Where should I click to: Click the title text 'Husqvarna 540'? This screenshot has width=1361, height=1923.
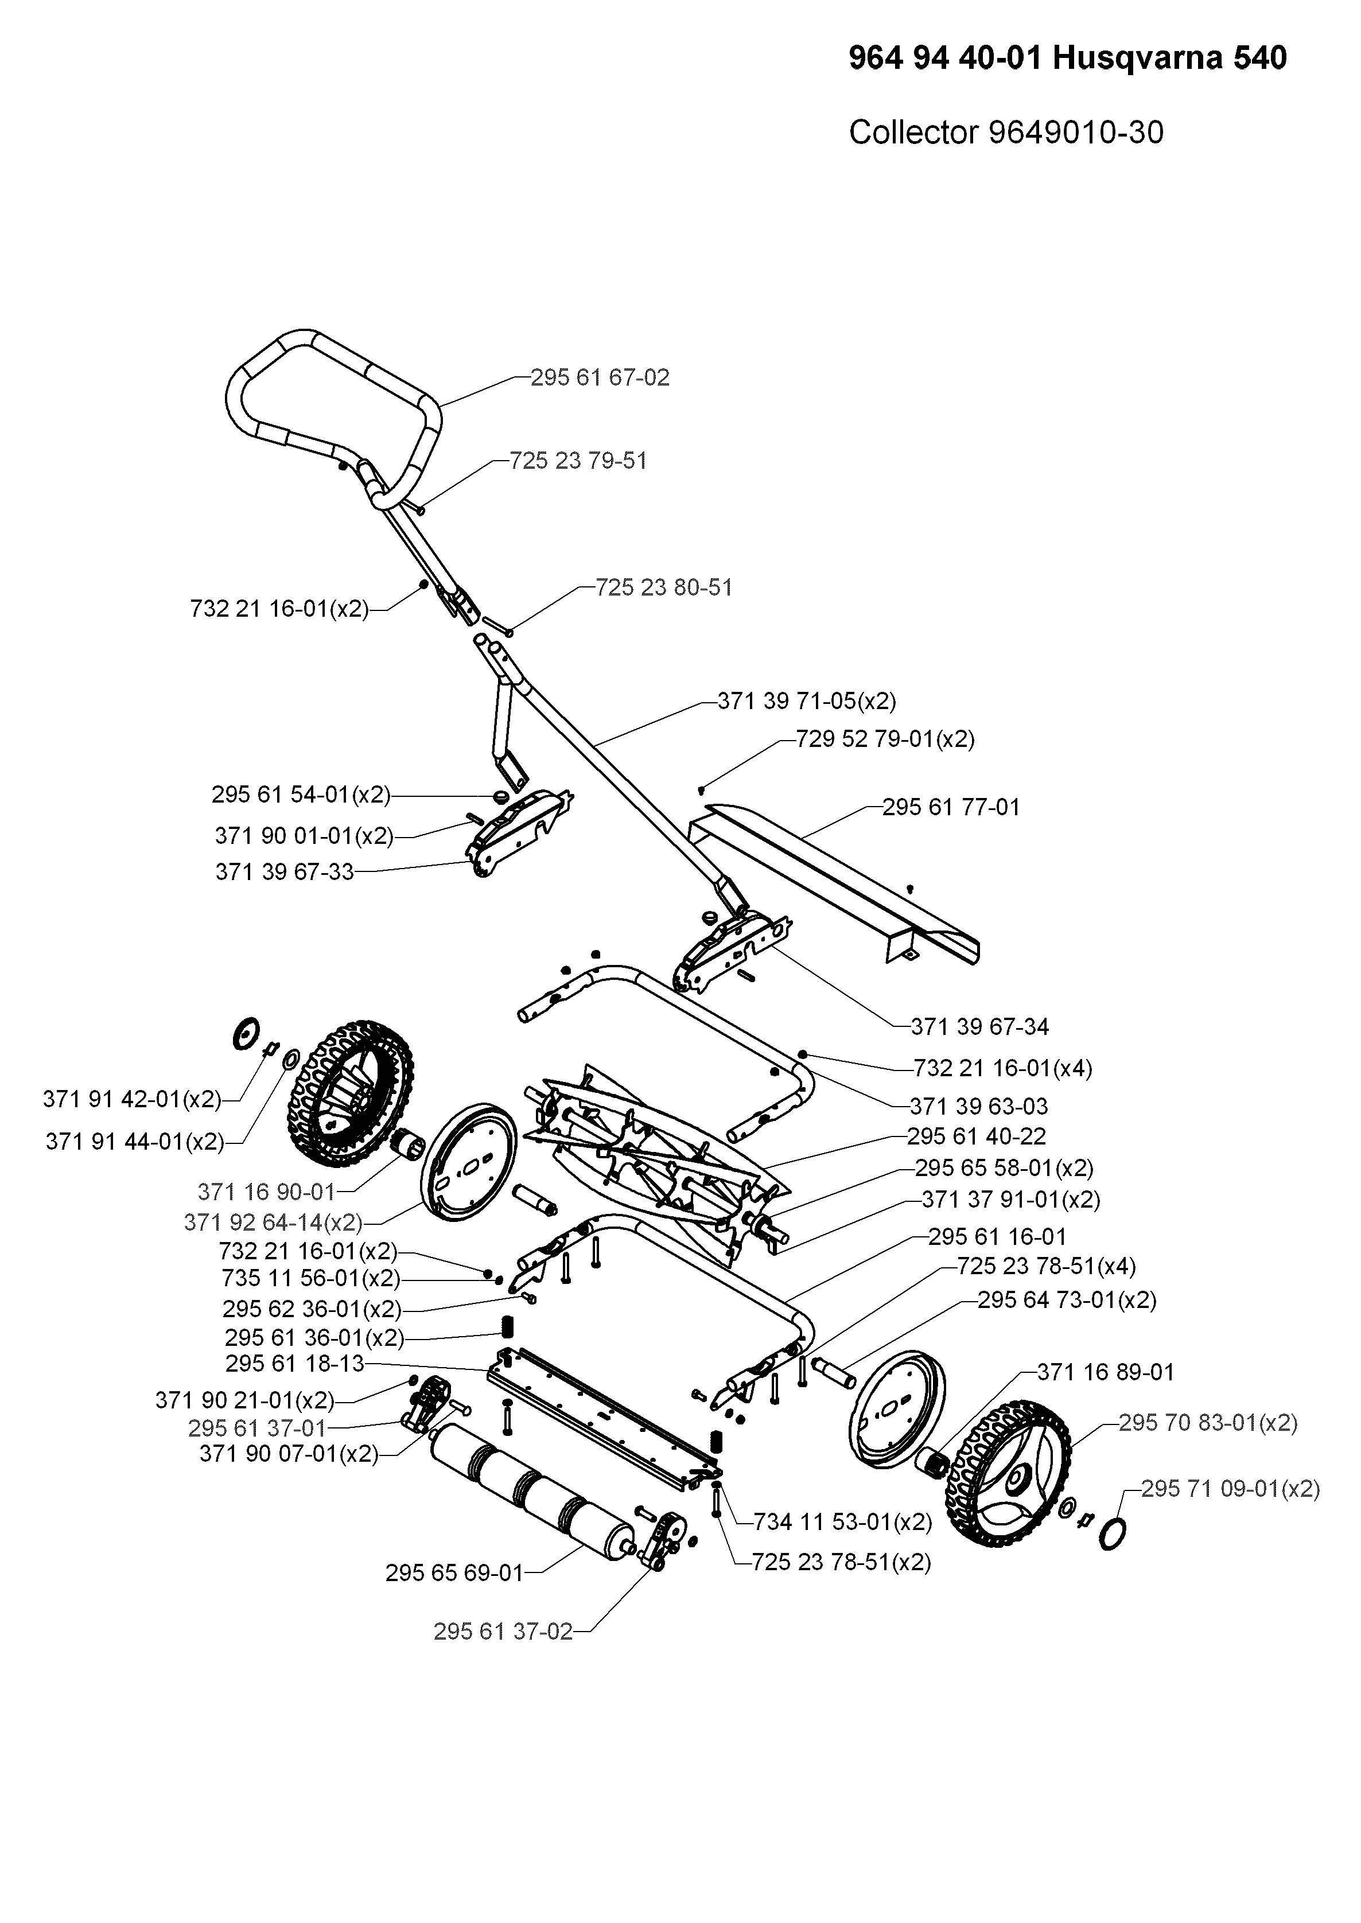[1169, 59]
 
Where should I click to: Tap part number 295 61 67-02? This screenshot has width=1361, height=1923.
[600, 378]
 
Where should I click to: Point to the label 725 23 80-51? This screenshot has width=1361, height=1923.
[664, 588]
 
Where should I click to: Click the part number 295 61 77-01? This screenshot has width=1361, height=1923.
[951, 808]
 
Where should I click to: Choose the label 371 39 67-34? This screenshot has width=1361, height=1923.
[979, 1026]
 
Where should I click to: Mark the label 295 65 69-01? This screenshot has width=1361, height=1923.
[454, 1574]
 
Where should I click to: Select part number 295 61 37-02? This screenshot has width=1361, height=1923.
[503, 1632]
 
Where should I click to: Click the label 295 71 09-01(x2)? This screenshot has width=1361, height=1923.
[1230, 1489]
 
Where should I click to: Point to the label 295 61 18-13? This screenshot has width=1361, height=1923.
[295, 1363]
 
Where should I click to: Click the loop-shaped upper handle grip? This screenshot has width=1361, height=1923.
[335, 402]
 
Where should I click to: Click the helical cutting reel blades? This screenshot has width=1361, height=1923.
[654, 1148]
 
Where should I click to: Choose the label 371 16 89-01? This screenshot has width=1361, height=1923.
[1106, 1372]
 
